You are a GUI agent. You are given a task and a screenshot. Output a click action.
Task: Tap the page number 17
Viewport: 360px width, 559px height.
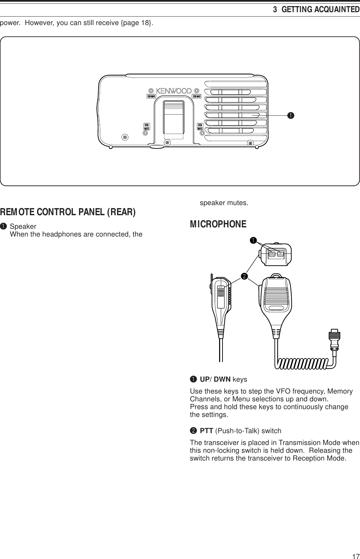[x=355, y=555]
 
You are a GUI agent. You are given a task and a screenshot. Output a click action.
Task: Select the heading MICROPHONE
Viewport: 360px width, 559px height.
[x=218, y=224]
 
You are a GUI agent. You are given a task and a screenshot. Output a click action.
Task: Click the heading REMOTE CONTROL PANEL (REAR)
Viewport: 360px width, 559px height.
[x=68, y=212]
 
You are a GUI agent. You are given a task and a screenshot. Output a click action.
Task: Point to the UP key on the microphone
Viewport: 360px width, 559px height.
[x=280, y=253]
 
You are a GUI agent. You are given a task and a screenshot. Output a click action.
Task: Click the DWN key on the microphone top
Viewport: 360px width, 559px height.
[x=272, y=253]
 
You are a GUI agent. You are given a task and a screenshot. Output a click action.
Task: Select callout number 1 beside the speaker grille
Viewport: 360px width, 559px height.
[x=290, y=116]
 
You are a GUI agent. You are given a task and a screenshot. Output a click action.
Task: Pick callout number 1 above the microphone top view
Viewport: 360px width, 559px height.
[x=252, y=240]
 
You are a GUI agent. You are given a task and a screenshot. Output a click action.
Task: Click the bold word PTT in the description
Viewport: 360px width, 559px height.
[x=206, y=431]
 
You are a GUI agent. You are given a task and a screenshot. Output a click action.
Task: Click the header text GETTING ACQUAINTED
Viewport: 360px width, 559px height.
[x=320, y=9]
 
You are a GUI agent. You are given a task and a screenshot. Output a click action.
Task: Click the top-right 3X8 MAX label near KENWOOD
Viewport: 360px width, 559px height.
[x=197, y=96]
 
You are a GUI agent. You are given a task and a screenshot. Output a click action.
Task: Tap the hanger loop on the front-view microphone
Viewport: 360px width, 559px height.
[x=276, y=275]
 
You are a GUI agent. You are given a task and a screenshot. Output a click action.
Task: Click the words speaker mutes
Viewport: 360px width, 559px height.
[x=224, y=203]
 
